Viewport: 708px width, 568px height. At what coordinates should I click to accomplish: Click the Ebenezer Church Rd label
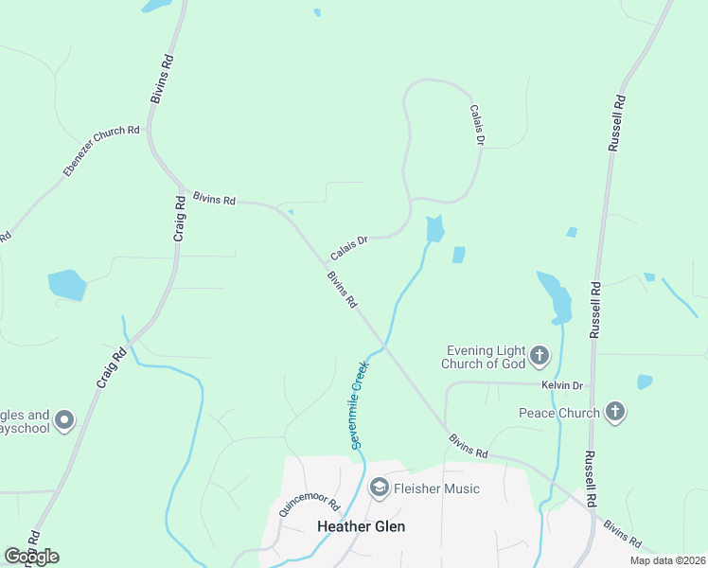click(x=101, y=150)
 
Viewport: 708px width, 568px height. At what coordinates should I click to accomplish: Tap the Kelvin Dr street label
click(x=562, y=385)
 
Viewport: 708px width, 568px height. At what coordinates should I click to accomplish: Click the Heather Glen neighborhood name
click(x=361, y=526)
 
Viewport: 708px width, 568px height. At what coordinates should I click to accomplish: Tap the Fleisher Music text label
click(x=437, y=488)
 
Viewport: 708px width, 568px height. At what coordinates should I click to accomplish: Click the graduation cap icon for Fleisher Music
click(x=380, y=488)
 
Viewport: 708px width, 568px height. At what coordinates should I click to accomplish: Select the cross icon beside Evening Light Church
click(x=540, y=356)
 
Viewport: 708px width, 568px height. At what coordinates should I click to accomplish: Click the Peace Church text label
click(x=558, y=413)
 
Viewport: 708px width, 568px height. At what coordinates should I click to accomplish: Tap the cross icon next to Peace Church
click(x=615, y=412)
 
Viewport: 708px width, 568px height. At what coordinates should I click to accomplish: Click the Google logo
click(x=31, y=557)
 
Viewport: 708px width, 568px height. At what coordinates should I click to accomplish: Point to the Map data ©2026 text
click(x=667, y=560)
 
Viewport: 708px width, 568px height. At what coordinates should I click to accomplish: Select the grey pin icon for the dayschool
click(x=64, y=419)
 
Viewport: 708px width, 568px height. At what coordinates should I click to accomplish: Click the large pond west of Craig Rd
click(x=66, y=284)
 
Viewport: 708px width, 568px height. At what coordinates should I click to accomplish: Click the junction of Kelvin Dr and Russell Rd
click(x=593, y=385)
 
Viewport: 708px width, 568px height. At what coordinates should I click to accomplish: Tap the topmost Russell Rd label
click(x=616, y=123)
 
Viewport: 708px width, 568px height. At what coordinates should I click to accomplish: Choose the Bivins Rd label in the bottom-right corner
click(x=622, y=532)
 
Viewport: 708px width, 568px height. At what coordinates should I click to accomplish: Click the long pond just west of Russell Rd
click(x=556, y=297)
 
